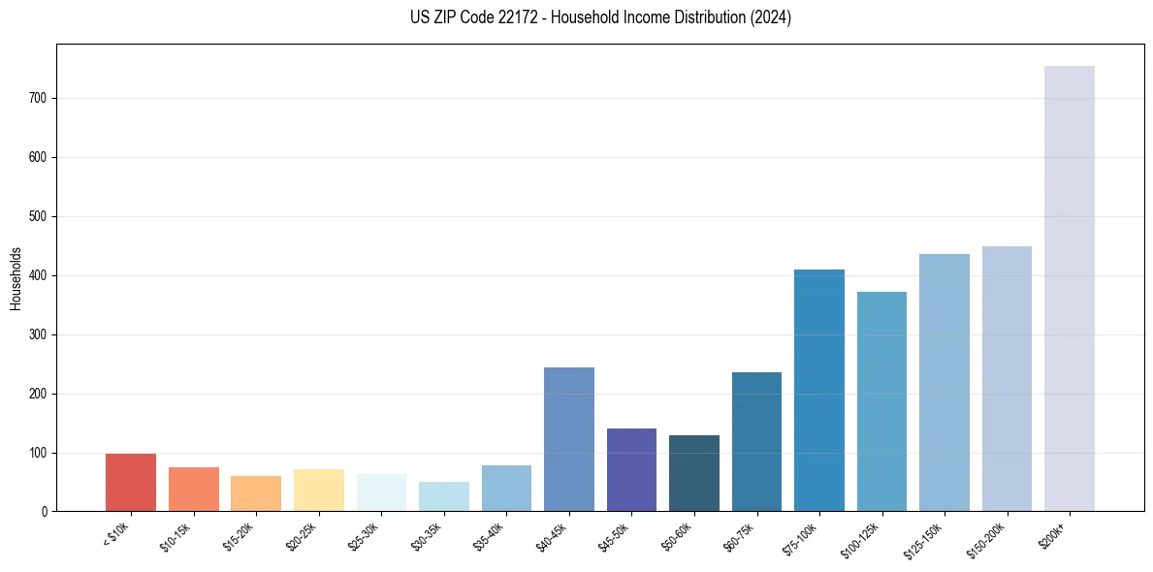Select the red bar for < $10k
(131, 482)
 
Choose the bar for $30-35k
(444, 496)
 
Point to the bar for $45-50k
(631, 469)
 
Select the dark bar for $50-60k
(694, 473)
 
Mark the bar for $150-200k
(1007, 378)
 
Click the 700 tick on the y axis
(38, 99)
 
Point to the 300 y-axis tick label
(38, 335)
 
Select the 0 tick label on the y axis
(45, 512)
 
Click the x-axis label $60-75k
(741, 536)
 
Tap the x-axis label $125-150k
(926, 539)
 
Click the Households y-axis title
(16, 278)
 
